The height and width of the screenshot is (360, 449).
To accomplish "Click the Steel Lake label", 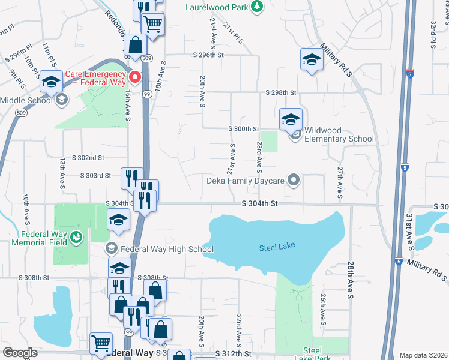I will point(276,248).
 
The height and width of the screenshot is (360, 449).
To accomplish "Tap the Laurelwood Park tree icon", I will point(258,6).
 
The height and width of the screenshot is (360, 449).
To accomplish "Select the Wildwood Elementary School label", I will point(339,134).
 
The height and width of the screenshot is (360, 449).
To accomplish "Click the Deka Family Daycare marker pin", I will point(294,179).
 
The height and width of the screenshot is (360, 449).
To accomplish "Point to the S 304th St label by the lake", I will point(260,204).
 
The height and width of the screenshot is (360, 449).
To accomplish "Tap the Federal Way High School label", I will point(167,248).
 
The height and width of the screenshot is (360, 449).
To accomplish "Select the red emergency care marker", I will point(136,77).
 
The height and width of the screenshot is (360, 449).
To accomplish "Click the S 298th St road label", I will point(282,92).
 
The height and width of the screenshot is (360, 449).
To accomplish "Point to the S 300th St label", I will point(243,129).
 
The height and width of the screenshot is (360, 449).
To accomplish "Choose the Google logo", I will point(20,353).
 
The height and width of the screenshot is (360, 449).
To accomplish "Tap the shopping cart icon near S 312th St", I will point(101,343).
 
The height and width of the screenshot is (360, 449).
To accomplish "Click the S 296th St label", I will point(208,55).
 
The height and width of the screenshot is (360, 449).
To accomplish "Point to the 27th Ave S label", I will point(340,182).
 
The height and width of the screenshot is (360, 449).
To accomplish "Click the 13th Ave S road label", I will point(62,172).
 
